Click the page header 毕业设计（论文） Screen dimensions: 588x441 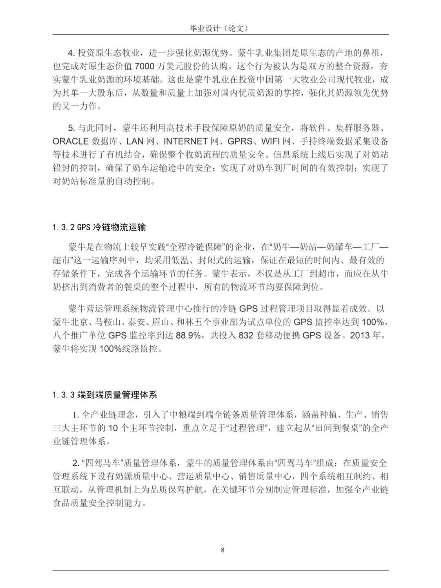220,28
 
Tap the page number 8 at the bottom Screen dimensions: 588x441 223,550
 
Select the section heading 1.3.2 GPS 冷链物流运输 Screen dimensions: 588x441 99,227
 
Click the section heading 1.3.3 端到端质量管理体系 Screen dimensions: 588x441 105,395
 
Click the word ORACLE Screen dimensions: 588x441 71,141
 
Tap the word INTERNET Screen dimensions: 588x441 185,141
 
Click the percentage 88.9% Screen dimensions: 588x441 188,336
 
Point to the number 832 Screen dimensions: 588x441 246,336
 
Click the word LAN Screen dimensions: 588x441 135,141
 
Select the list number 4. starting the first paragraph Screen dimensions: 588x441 71,53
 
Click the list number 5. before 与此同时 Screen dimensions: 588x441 71,128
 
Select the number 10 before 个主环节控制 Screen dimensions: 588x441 113,428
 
